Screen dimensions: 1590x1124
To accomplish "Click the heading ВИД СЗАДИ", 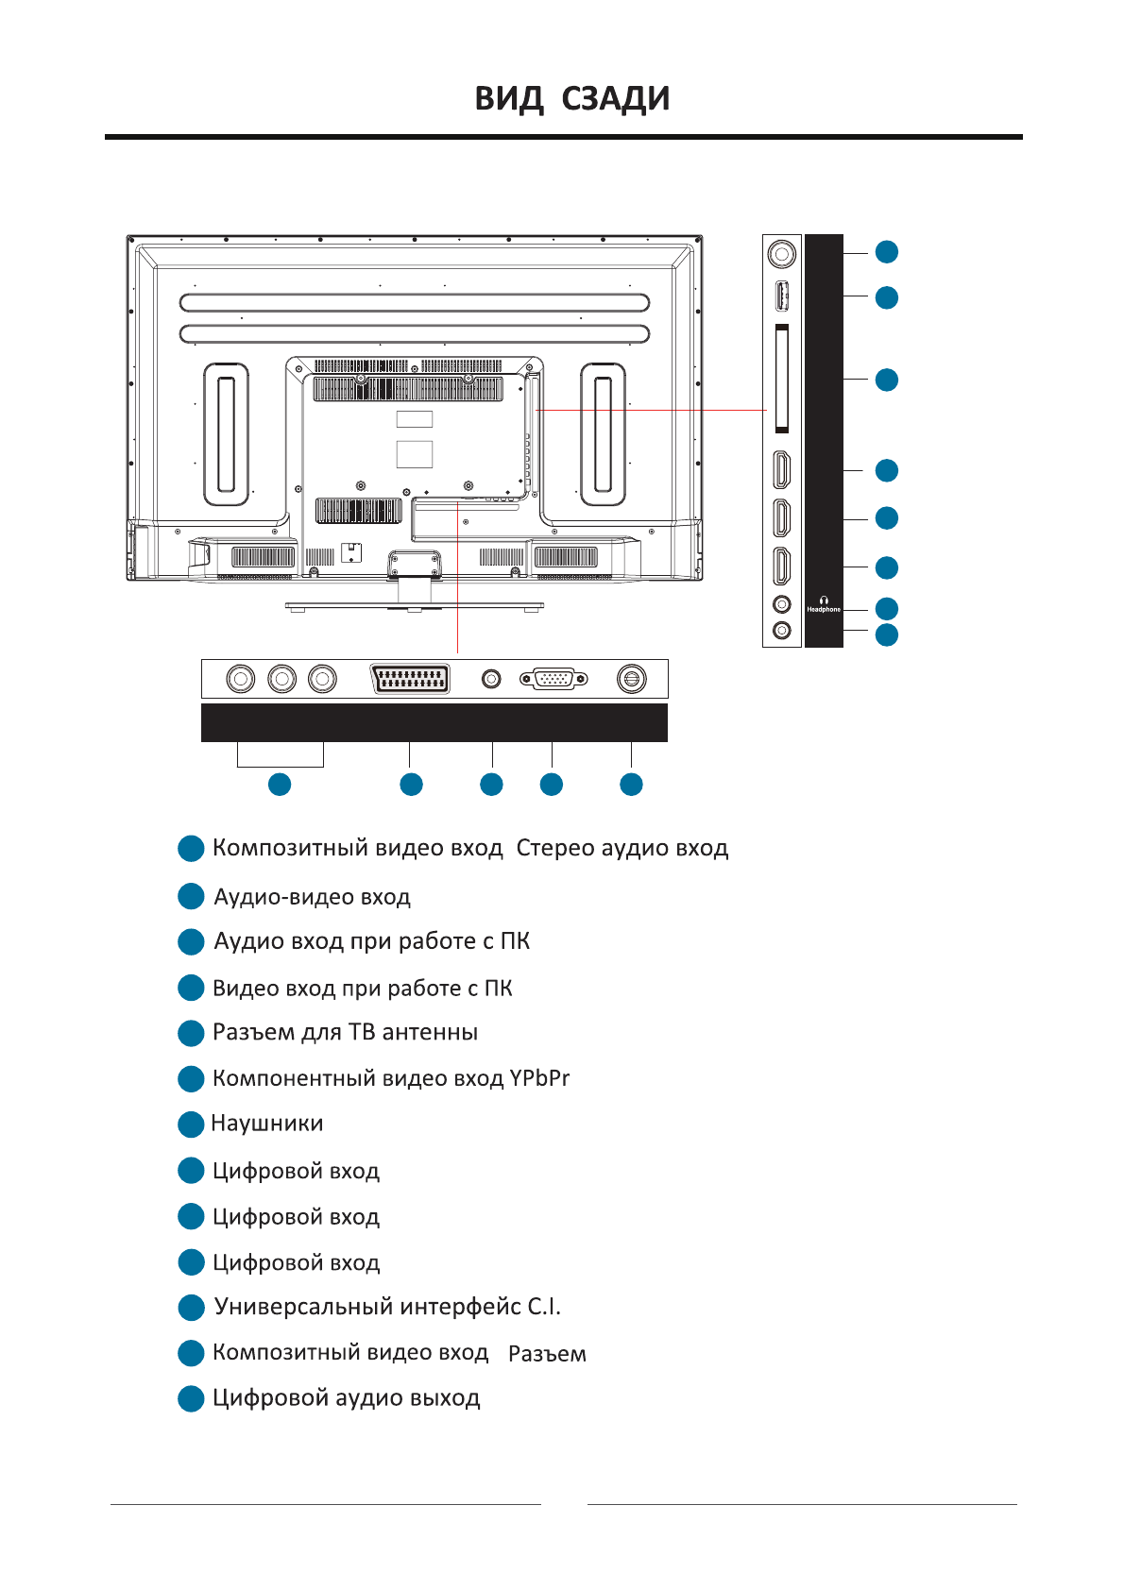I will [x=571, y=99].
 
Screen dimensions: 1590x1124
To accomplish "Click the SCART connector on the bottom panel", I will [x=411, y=679].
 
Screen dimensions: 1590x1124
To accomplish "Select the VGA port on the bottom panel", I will [x=553, y=679].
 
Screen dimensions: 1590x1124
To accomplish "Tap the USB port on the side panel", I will [x=781, y=296].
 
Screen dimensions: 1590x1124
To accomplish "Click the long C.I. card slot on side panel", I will [x=781, y=379].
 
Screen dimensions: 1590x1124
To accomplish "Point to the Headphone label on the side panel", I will [x=824, y=610].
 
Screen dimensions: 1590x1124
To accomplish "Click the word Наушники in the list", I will [x=267, y=1124].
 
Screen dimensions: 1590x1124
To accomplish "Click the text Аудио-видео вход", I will [x=312, y=897].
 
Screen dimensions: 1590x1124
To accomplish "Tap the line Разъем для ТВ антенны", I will [x=345, y=1032].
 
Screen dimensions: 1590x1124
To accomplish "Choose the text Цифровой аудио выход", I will [x=346, y=1398].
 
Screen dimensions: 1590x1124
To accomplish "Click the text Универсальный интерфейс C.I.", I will [x=387, y=1308].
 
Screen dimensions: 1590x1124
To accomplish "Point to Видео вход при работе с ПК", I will [x=362, y=989].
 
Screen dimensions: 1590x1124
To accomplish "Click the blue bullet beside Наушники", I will [x=191, y=1125].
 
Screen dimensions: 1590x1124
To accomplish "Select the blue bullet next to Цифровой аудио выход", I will [x=191, y=1399].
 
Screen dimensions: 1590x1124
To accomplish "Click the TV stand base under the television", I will [x=414, y=606].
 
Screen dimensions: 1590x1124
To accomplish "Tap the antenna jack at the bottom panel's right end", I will [x=631, y=679].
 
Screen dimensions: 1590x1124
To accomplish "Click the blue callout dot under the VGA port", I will [x=552, y=785].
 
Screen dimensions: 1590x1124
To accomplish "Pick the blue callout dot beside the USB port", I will [x=886, y=297].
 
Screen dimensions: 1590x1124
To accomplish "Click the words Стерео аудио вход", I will [x=622, y=849].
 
